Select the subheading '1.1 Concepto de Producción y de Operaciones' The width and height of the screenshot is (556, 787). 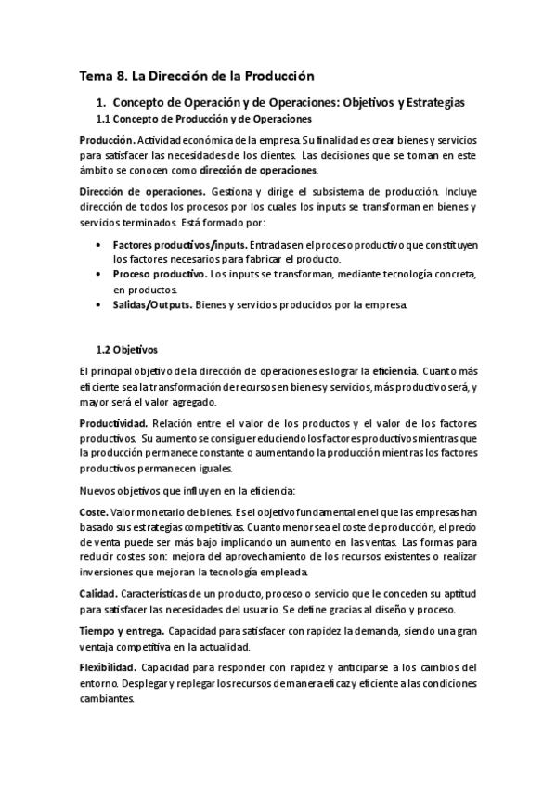[204, 120]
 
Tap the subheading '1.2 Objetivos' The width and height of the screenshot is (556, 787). [127, 351]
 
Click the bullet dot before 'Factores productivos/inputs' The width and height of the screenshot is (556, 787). [99, 244]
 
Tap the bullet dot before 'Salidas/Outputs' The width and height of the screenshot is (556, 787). [99, 305]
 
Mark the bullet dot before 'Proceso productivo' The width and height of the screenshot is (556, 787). [99, 275]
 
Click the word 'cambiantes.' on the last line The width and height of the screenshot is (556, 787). [107, 700]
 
